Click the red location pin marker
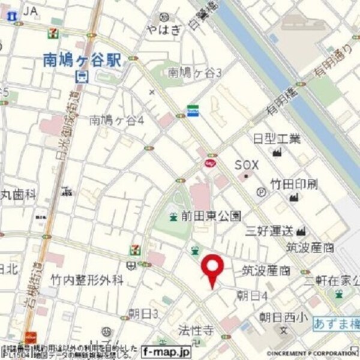(x=211, y=268)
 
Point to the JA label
(x=31, y=11)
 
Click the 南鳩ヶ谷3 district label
(x=187, y=73)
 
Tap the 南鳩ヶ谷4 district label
(x=116, y=120)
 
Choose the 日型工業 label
(x=277, y=139)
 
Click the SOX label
(x=246, y=164)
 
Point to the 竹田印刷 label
(x=293, y=183)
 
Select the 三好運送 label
(x=268, y=230)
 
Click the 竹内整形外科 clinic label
(x=87, y=280)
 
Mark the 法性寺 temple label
(x=196, y=329)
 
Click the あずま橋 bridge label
(x=336, y=324)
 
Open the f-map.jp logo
(x=166, y=351)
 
